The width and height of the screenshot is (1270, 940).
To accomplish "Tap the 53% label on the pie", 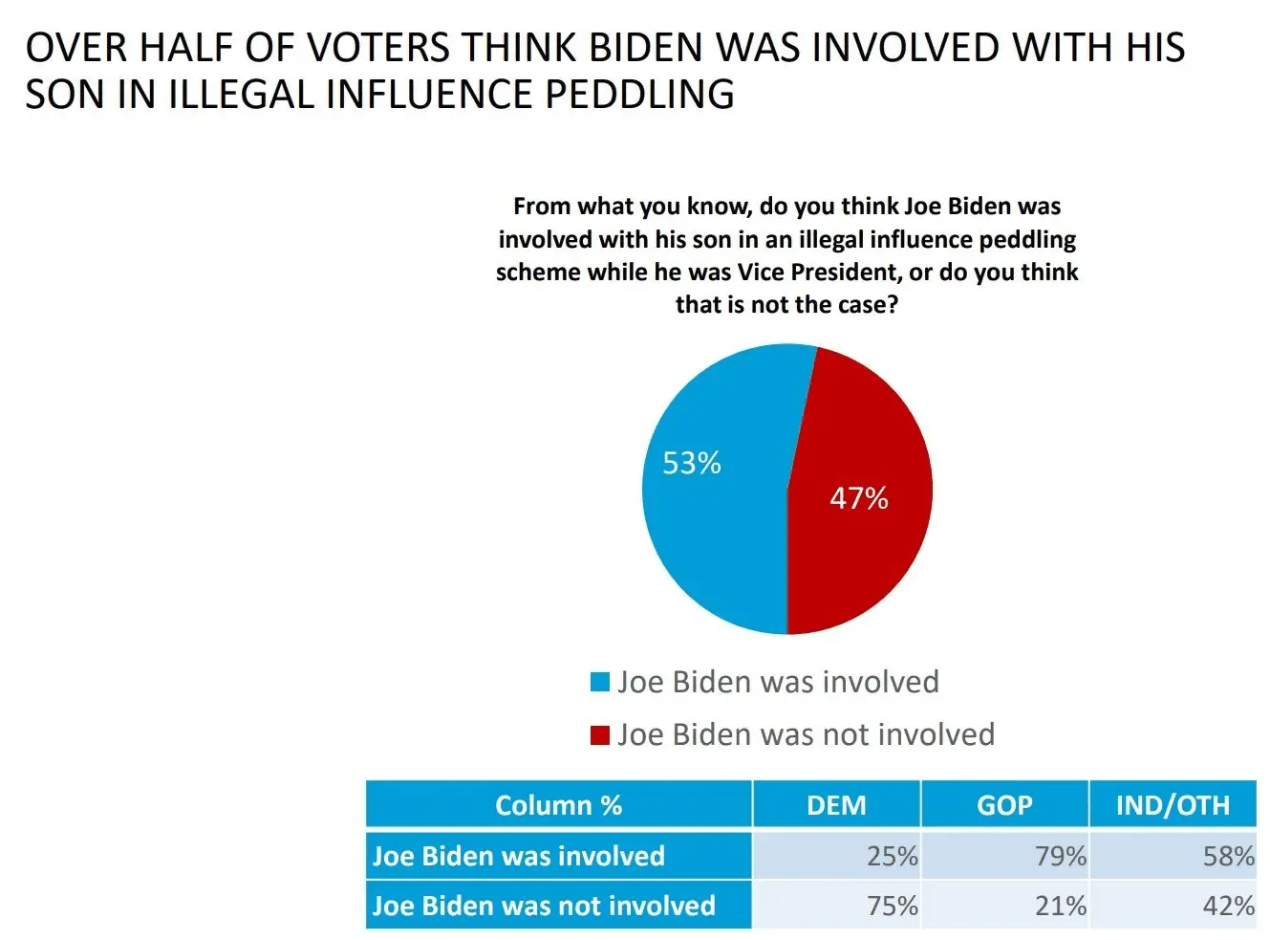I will [692, 464].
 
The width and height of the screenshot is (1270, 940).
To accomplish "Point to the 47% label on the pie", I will [858, 498].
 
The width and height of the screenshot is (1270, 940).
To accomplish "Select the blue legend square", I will [600, 682].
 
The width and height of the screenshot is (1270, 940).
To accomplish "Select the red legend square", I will [600, 734].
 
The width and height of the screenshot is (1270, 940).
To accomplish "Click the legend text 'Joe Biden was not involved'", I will [806, 734].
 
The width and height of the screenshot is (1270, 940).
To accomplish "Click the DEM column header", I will [836, 805].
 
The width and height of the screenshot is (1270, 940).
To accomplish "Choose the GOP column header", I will [1004, 805].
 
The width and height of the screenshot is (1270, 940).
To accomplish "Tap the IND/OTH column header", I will [1173, 805].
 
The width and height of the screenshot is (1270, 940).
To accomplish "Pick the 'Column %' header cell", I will [558, 805].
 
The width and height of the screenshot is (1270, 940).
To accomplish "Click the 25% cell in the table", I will [892, 856].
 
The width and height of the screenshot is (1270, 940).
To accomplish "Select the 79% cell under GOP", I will [1060, 856].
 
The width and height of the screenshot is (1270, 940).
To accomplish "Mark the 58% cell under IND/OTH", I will [1228, 856].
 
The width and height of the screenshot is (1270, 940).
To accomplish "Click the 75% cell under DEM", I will [892, 906].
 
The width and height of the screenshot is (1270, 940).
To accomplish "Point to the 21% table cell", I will [1060, 906].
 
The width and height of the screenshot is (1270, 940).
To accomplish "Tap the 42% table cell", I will [1228, 906].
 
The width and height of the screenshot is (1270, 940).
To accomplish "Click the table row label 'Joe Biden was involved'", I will [518, 856].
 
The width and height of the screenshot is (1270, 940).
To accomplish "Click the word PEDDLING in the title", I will [640, 95].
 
